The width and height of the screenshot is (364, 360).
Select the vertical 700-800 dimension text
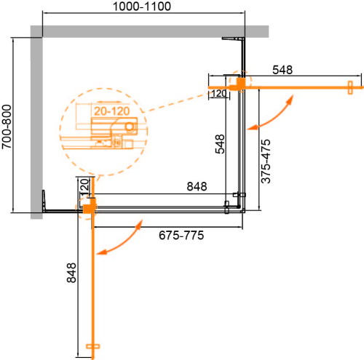(7, 124)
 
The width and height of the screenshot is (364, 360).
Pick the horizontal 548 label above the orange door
(282, 70)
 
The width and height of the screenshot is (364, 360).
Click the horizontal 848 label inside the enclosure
(194, 186)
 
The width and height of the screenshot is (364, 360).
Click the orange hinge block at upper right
(237, 84)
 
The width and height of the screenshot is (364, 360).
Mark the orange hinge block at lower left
(87, 209)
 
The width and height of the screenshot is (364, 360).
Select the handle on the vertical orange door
(91, 348)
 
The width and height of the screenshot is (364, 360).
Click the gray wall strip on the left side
(36, 124)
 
